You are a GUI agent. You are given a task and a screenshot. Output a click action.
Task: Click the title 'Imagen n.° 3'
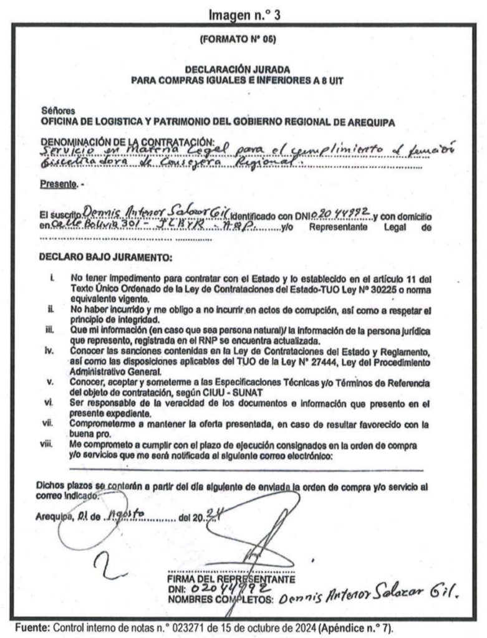click(x=243, y=14)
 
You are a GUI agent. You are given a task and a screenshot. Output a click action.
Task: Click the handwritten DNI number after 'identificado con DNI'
click(x=337, y=216)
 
